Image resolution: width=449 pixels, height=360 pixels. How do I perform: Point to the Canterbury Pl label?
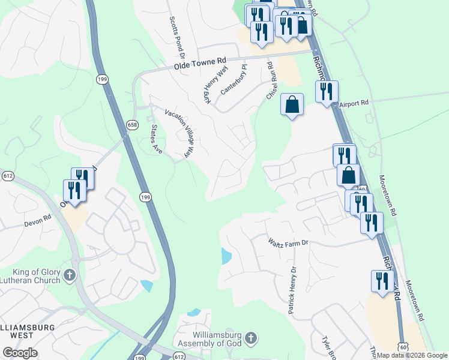[x=234, y=80]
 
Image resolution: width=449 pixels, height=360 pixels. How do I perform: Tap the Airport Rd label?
[x=353, y=104]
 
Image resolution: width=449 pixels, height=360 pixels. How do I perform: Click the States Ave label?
[x=156, y=139]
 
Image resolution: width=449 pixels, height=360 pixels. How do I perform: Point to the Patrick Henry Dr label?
[x=292, y=291]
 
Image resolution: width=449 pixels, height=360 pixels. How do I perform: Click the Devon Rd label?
[x=35, y=223]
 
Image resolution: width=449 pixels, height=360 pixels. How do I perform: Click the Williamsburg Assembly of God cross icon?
[x=251, y=338]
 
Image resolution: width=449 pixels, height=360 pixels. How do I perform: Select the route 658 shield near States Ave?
[x=132, y=125]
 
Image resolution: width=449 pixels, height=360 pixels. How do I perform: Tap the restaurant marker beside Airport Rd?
[x=327, y=91]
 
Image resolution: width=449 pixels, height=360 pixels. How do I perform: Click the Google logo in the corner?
[x=20, y=353]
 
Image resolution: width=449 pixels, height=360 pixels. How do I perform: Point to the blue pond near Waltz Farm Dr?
[x=226, y=256]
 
